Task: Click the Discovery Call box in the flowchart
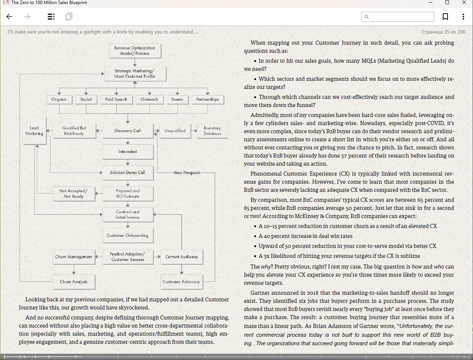coord(128,131)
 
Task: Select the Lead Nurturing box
coord(34,131)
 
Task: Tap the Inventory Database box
coord(212,131)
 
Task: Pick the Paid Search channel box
coord(116,99)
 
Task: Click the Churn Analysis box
coord(74,282)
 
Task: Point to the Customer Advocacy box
coord(182,282)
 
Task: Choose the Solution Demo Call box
coord(128,173)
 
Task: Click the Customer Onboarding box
coord(128,235)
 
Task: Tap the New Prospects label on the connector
coord(187,173)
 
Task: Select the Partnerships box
coord(207,99)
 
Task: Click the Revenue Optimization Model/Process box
coord(135,51)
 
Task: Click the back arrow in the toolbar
coord(10,17)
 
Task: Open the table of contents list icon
coord(51,17)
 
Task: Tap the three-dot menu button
coord(463,17)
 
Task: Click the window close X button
coord(464,3)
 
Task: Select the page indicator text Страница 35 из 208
coord(443,32)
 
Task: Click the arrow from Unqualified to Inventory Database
coord(194,131)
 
